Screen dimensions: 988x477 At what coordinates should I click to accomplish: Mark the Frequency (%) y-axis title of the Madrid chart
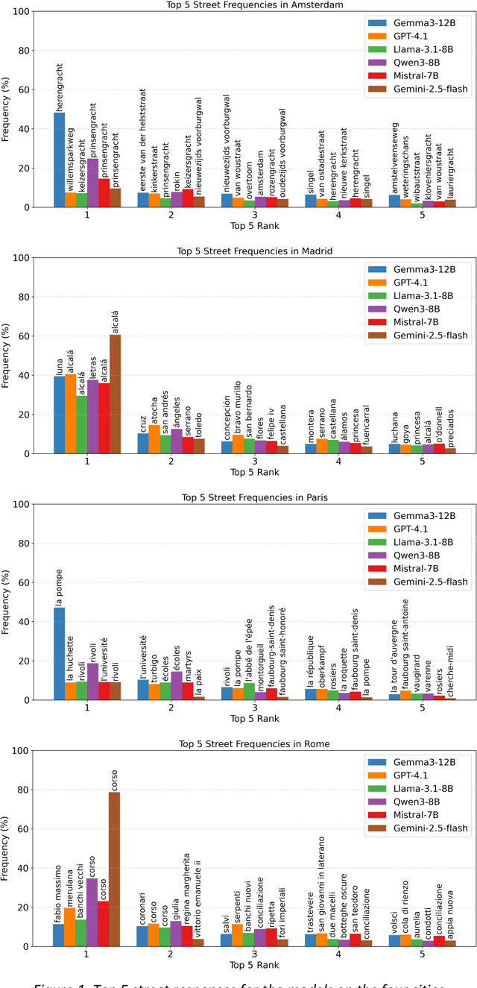pyautogui.click(x=7, y=356)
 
